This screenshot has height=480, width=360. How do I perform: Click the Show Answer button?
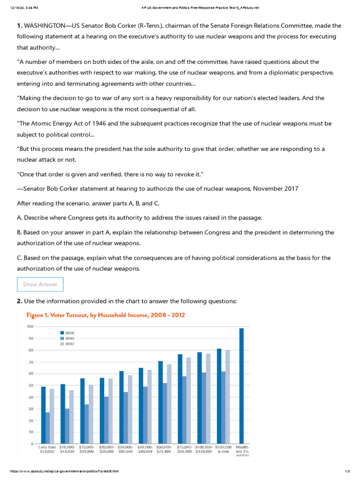40,284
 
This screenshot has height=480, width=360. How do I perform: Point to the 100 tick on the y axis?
30,326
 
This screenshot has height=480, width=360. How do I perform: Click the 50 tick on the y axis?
30,385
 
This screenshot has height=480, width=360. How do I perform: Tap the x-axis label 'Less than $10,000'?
47,449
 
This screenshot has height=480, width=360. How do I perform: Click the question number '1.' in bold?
20,25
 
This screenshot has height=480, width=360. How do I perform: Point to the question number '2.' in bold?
20,301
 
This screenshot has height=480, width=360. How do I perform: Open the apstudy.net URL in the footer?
61,471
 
